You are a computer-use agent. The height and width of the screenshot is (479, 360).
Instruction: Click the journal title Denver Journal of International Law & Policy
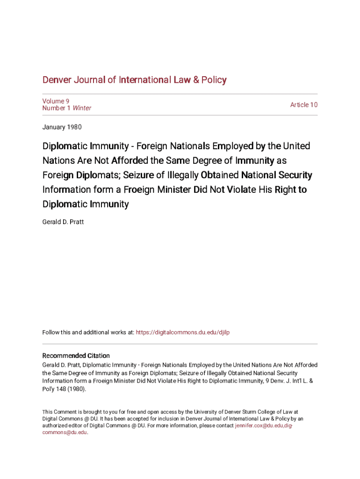click(x=134, y=80)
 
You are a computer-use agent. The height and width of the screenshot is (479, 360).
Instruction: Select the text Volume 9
click(x=56, y=101)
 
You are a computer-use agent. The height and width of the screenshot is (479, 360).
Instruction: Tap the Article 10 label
click(x=303, y=105)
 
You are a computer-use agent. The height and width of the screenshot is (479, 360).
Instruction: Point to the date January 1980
click(x=62, y=127)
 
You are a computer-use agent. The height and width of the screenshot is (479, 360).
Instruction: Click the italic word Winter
click(x=82, y=108)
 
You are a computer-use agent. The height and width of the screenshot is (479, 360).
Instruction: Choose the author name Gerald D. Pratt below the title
click(x=63, y=222)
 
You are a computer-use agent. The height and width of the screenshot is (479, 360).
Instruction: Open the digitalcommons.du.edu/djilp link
click(x=182, y=333)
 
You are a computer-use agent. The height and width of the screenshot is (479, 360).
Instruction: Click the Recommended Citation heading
click(x=76, y=356)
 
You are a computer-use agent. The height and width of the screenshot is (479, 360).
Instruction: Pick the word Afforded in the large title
click(x=130, y=161)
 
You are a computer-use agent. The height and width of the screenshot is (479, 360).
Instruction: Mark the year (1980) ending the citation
click(x=76, y=389)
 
